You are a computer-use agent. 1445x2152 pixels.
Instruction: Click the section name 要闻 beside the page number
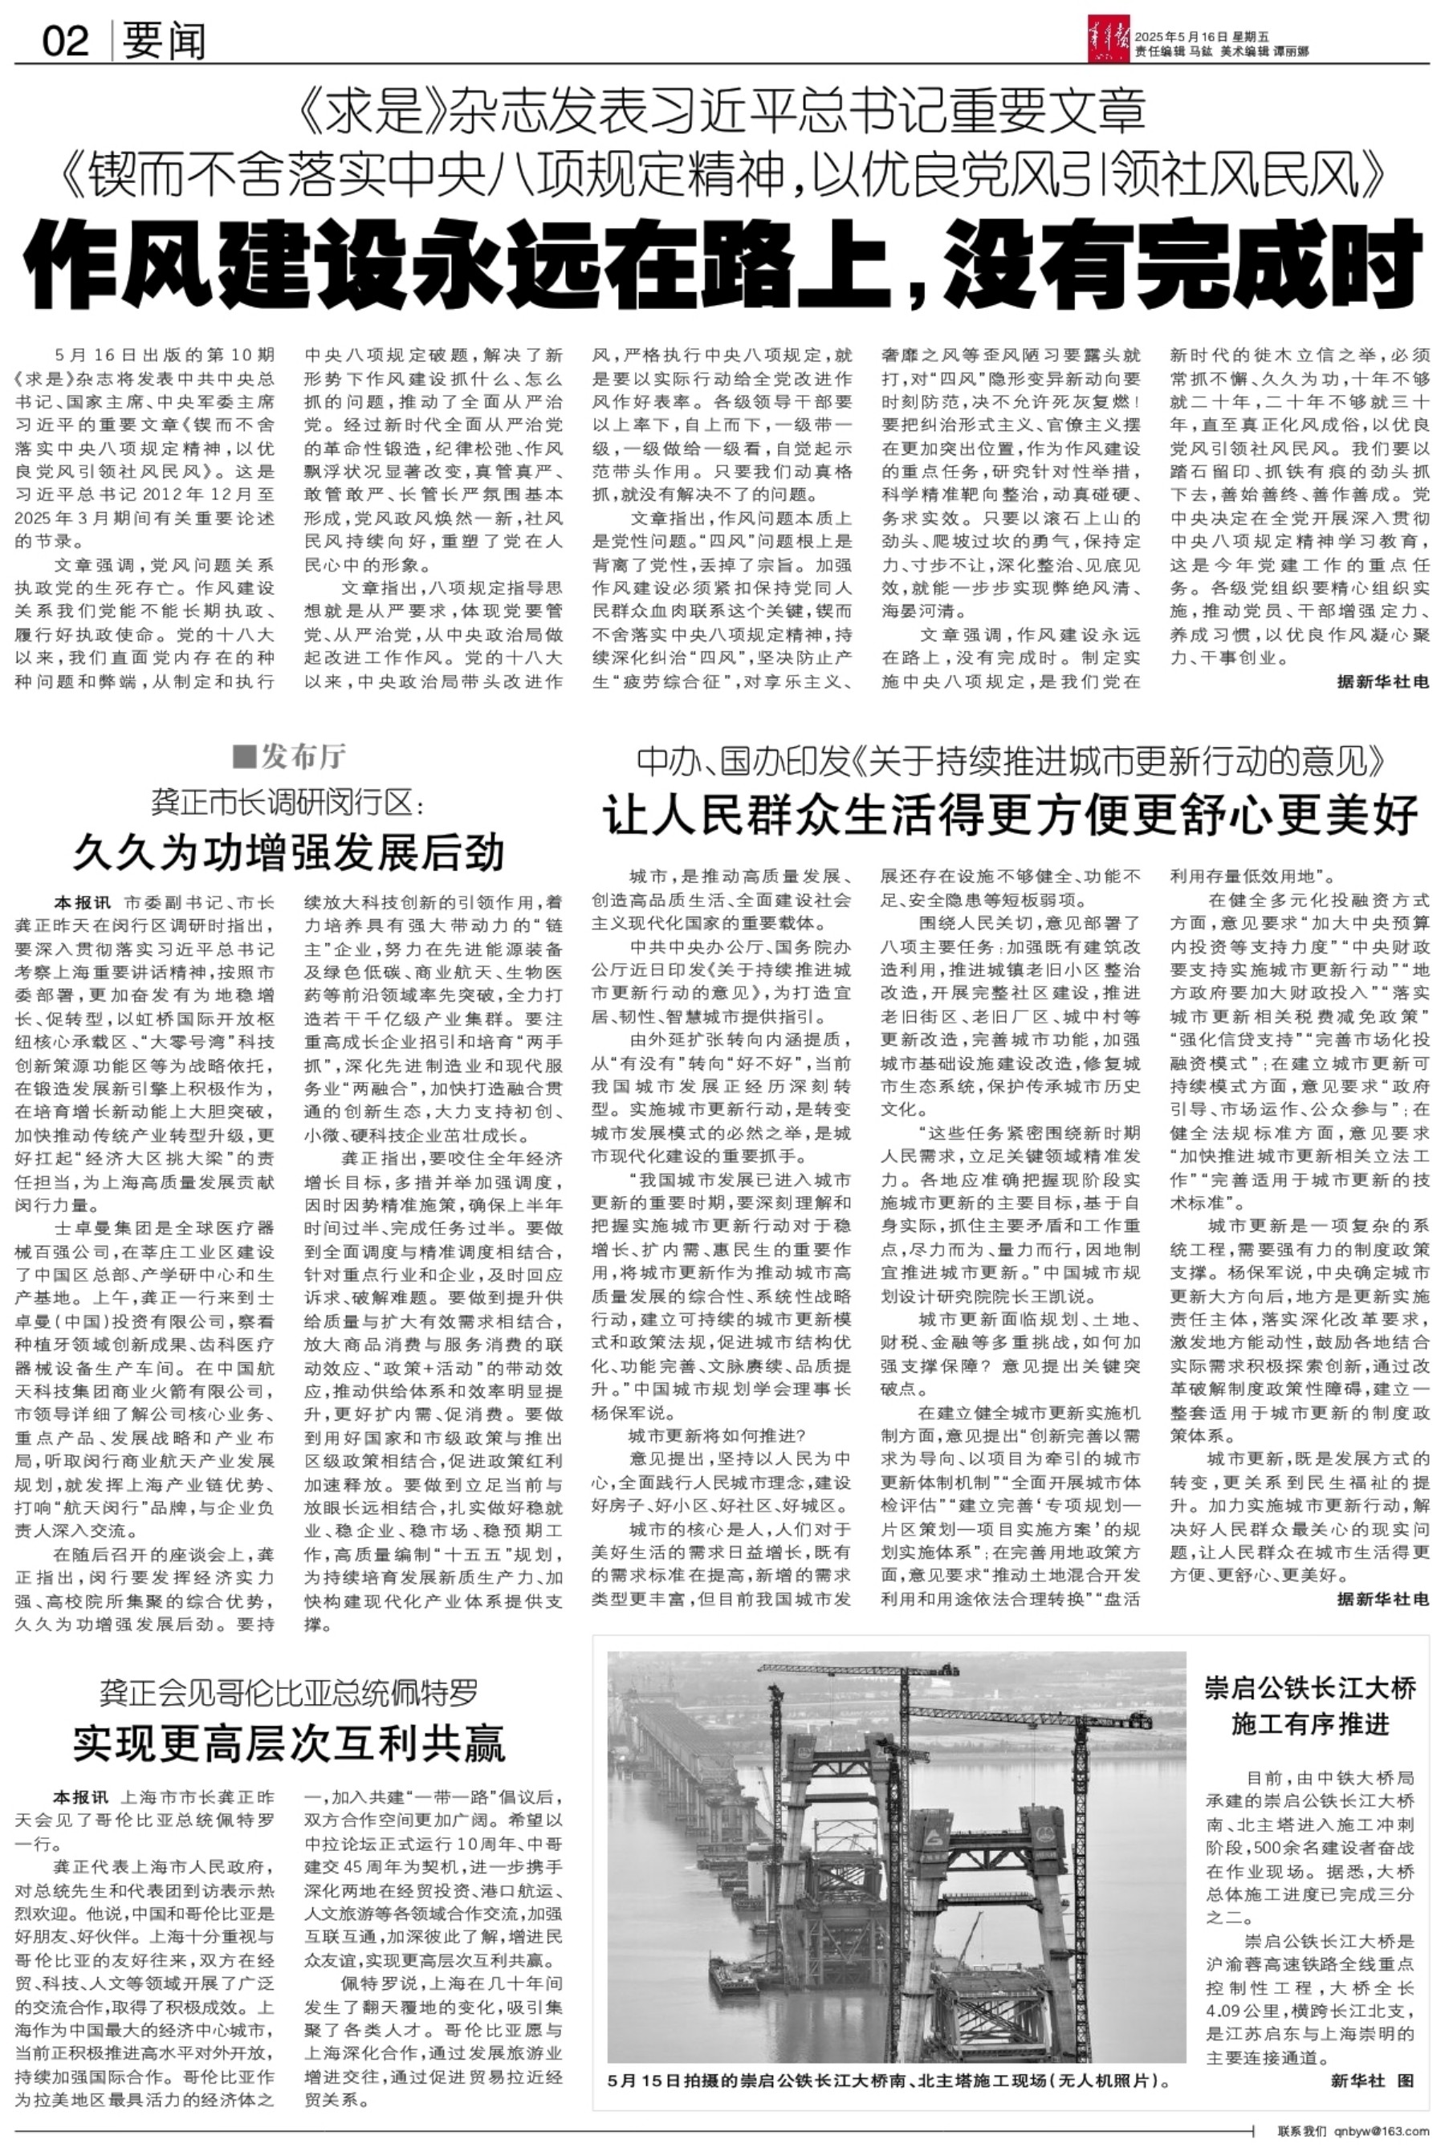point(164,43)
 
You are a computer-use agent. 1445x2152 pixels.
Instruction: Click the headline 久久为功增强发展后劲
point(288,850)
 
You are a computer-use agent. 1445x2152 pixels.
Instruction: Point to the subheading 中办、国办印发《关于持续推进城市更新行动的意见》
point(1011,761)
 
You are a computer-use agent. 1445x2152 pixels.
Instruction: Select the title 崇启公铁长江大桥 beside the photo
point(1309,1689)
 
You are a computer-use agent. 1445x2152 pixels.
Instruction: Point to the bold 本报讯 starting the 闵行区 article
point(81,902)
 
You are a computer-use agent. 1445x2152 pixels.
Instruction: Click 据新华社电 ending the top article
point(1382,681)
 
